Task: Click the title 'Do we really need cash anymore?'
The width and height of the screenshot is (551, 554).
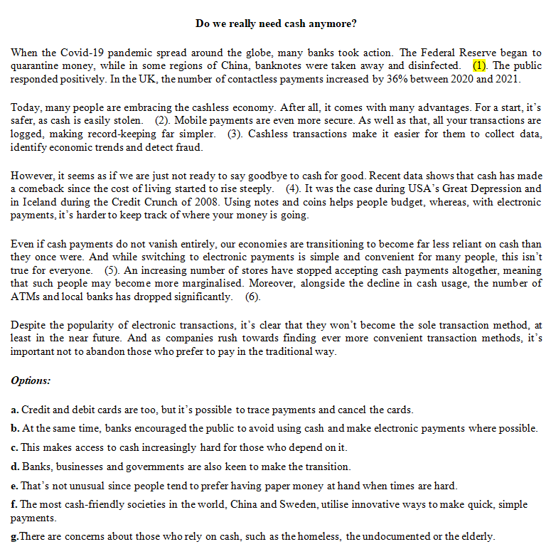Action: [x=276, y=24]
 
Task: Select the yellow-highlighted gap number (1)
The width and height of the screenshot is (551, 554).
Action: [x=480, y=66]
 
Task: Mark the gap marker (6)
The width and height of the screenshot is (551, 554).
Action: [x=252, y=297]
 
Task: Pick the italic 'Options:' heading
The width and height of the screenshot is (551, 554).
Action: [x=31, y=380]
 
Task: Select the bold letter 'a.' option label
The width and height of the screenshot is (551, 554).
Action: [x=15, y=410]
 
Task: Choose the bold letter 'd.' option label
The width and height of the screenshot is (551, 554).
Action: [x=15, y=467]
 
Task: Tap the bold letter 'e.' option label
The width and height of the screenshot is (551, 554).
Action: [x=15, y=486]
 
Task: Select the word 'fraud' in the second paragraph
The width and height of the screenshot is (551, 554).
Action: [x=191, y=148]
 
